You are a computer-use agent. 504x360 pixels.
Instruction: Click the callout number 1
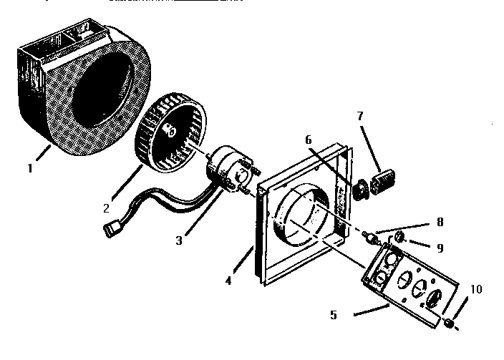(30, 169)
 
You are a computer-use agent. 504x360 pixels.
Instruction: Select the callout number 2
(105, 208)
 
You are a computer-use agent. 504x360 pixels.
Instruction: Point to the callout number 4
(228, 281)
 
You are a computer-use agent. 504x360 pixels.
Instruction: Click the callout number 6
(308, 140)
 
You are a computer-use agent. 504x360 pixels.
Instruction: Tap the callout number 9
(440, 248)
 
